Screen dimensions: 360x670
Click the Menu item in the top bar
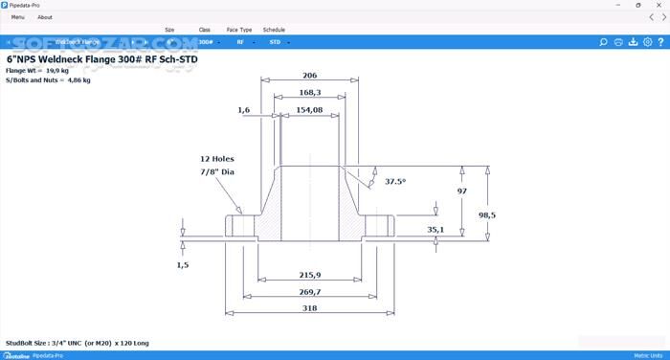click(x=18, y=17)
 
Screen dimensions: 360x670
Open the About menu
click(x=45, y=17)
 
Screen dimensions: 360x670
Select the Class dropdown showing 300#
click(x=207, y=42)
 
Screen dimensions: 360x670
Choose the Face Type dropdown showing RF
click(x=241, y=42)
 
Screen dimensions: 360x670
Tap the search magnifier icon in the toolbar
click(x=603, y=42)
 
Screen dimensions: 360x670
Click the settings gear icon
click(x=648, y=42)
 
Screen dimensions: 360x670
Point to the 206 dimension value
click(x=309, y=75)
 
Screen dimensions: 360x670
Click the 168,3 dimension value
click(x=309, y=93)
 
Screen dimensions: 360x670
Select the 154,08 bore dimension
click(x=309, y=110)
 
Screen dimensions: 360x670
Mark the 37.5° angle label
click(x=395, y=181)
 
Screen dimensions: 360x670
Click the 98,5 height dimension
click(x=487, y=214)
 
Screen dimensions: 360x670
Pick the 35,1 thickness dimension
click(x=435, y=230)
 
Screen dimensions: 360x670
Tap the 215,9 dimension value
click(x=309, y=275)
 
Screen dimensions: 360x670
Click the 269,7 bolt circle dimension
click(x=309, y=292)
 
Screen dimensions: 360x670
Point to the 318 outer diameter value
click(x=309, y=309)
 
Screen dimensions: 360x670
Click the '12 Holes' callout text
click(x=216, y=159)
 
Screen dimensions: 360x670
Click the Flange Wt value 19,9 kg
click(x=61, y=70)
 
